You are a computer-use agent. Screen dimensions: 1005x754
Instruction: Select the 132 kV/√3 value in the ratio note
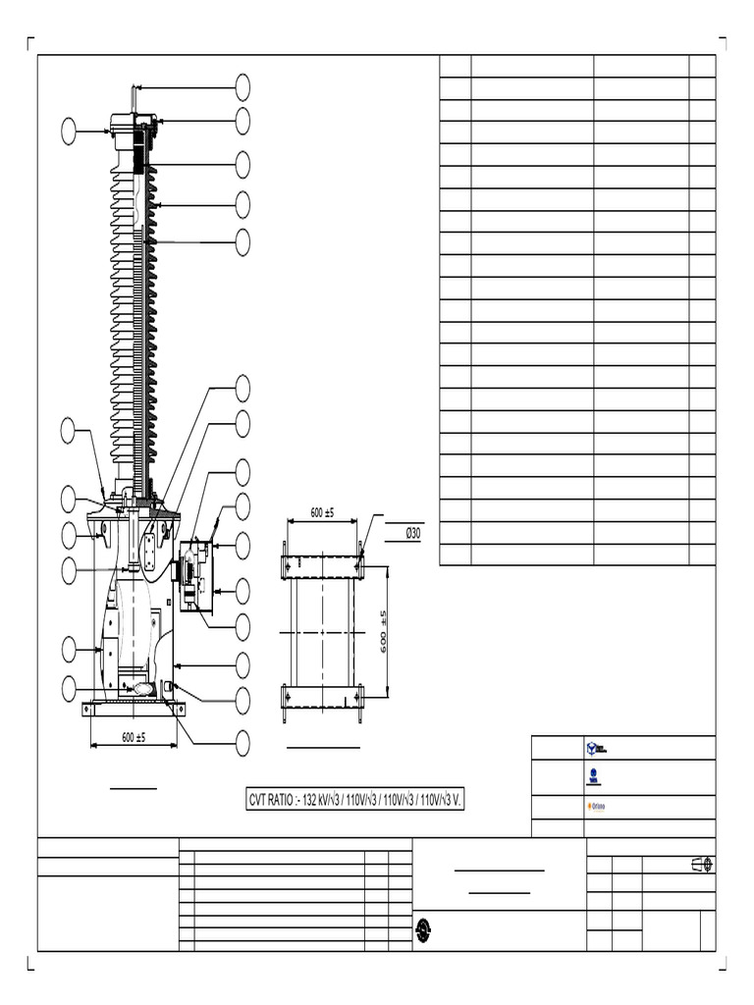329,801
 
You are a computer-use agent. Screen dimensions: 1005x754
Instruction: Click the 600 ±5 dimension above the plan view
322,513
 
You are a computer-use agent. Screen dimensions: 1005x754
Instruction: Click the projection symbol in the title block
701,864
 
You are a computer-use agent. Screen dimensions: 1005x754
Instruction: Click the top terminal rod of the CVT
133,98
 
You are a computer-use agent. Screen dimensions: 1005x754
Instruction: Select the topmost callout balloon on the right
242,86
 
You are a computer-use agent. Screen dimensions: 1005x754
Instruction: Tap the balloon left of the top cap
69,131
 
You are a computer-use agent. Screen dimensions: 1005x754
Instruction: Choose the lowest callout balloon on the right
242,743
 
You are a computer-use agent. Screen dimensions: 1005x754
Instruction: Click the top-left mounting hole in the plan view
287,563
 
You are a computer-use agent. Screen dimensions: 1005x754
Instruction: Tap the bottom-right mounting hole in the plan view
361,697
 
